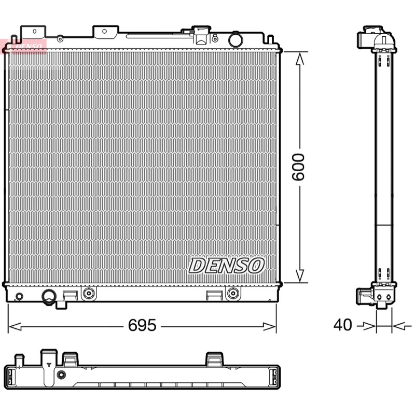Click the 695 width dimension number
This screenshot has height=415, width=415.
(x=142, y=325)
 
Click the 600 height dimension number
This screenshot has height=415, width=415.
(x=298, y=167)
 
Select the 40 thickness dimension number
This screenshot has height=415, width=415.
(x=342, y=325)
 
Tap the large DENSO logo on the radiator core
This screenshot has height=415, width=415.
(x=226, y=266)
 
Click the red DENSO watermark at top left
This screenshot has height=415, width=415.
(x=24, y=47)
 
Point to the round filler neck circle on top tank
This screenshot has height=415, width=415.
(x=236, y=40)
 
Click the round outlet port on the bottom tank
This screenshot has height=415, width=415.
(x=49, y=296)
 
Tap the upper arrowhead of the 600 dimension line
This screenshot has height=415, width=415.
(x=300, y=59)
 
